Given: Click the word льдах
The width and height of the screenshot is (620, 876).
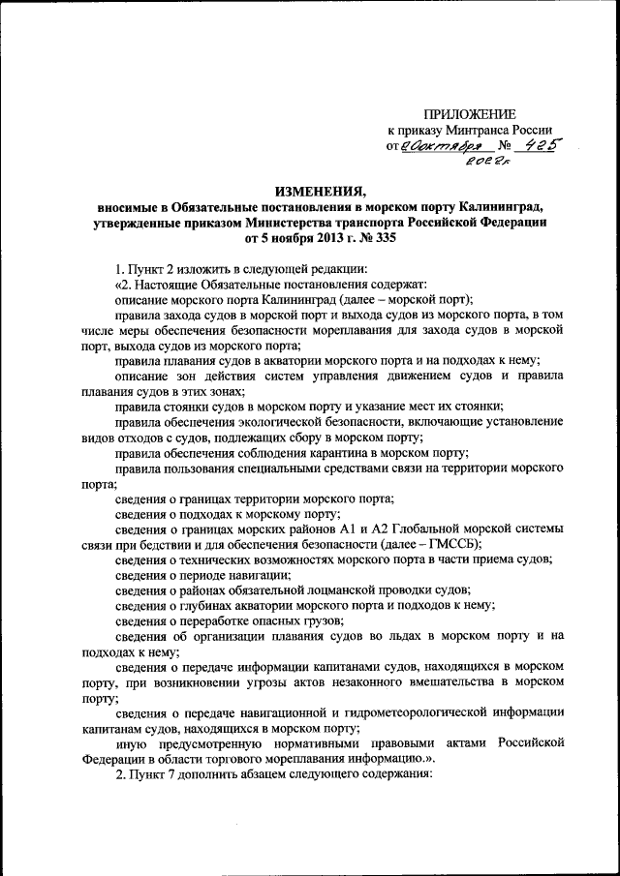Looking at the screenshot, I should [395, 636].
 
